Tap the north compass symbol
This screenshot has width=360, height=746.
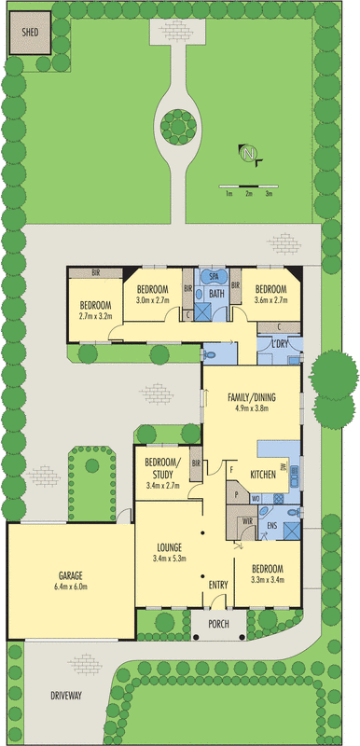[x=248, y=155]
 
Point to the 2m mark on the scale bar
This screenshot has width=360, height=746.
[x=248, y=194]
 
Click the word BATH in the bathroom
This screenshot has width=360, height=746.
[x=216, y=295]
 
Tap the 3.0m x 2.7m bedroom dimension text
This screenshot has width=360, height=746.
[x=153, y=300]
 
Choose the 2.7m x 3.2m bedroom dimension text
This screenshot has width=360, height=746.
[x=95, y=316]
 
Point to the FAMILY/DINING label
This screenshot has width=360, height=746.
[x=249, y=397]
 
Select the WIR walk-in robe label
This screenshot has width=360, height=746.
[x=248, y=520]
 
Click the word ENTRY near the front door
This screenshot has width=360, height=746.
[x=218, y=585]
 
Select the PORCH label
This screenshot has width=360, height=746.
[x=219, y=624]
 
